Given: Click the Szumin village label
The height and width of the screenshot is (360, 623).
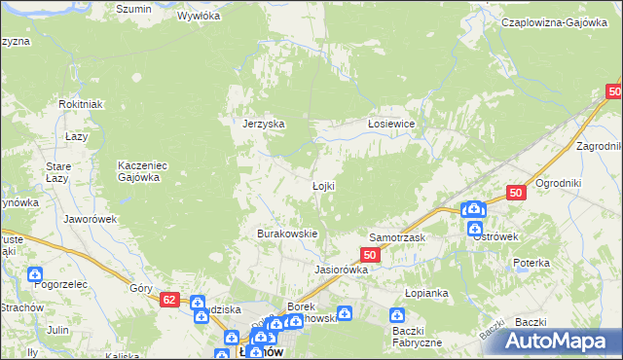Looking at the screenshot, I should point(133,9).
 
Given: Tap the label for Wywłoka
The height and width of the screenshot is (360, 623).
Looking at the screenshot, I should point(200,17).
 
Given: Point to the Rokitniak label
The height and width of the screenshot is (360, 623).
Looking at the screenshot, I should point(81,105).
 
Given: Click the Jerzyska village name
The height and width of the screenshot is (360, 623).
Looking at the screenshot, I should point(263,124).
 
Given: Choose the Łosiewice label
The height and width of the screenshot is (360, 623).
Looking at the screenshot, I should point(392,124).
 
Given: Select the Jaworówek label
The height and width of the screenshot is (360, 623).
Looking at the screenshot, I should point(91,219).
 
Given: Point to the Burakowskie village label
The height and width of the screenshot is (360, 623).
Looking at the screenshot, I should point(287,234).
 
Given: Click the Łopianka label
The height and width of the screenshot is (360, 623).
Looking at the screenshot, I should point(425,292).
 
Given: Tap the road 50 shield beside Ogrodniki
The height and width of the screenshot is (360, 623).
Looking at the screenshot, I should point(517,194).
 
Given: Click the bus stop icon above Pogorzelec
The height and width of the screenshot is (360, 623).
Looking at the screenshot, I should point(36,275).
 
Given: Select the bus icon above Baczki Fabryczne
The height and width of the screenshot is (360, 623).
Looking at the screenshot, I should point(397,315).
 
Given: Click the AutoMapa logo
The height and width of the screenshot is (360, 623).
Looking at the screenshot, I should point(562,341).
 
